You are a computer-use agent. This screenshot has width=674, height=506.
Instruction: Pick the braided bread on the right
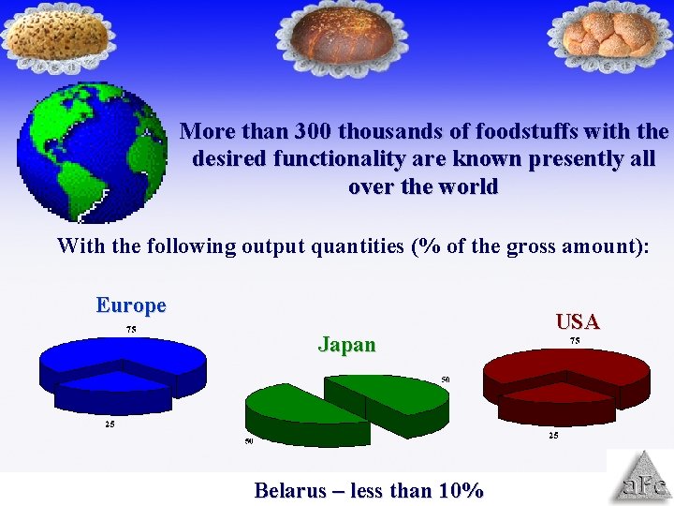[609, 34]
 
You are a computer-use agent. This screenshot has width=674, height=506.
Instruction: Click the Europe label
[131, 305]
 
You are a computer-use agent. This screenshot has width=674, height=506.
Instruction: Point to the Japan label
[346, 345]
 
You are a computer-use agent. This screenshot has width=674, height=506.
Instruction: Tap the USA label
[578, 322]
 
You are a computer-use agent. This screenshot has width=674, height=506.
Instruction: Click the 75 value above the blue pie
[131, 330]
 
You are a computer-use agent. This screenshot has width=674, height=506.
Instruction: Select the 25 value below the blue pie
[110, 424]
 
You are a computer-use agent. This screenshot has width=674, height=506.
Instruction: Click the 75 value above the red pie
[574, 341]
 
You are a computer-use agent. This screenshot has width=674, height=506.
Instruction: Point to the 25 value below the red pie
[553, 435]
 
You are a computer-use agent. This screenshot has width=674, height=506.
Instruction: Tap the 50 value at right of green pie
[447, 379]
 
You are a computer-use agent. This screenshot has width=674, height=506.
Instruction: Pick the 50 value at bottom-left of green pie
[249, 441]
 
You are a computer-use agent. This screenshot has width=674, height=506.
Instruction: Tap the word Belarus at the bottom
[289, 490]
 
